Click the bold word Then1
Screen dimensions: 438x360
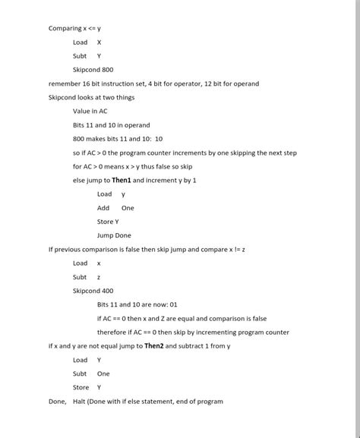[122, 181]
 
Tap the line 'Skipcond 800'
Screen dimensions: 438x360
[93, 70]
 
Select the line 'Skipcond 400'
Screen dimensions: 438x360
[93, 291]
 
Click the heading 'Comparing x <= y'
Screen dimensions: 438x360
[74, 29]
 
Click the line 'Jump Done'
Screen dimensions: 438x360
[114, 235]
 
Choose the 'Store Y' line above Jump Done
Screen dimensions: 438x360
[108, 222]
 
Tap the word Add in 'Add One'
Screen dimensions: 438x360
[103, 208]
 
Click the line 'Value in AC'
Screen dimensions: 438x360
[90, 112]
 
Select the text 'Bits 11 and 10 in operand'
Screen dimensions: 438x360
[112, 125]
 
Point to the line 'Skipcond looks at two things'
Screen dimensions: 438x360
[91, 98]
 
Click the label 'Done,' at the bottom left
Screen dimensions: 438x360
[57, 402]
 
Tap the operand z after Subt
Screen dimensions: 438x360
[99, 277]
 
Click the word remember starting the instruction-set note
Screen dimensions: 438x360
[64, 84]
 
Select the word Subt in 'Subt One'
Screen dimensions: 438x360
[80, 373]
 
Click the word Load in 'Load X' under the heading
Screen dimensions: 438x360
[80, 43]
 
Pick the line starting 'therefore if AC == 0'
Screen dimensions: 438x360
[193, 332]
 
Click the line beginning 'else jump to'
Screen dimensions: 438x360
[134, 181]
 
